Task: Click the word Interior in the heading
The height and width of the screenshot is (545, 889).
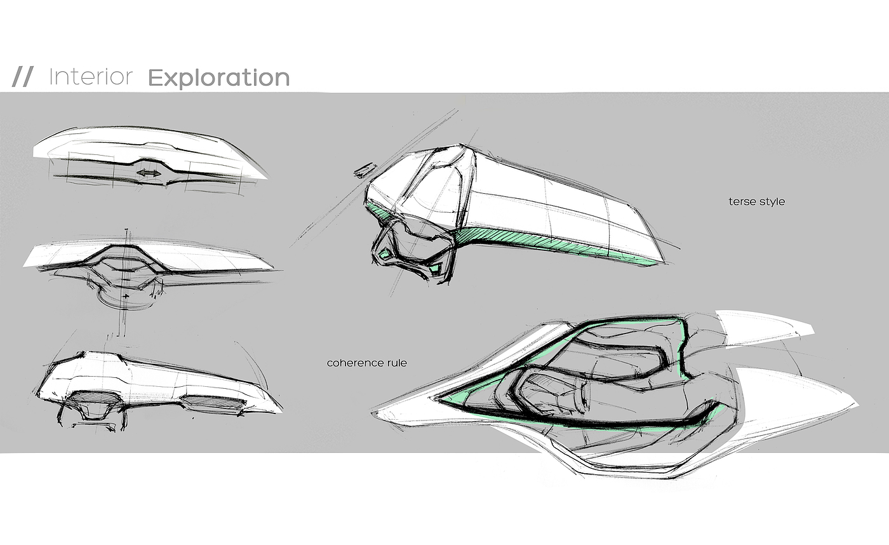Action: pos(90,77)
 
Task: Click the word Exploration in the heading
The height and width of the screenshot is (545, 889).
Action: pos(218,78)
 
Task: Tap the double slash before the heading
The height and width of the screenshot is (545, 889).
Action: pos(23,77)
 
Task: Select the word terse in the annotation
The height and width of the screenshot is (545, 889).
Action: pos(742,202)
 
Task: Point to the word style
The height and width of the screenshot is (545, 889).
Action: pos(772,202)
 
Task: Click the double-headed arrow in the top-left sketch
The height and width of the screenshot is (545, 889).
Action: pos(149,173)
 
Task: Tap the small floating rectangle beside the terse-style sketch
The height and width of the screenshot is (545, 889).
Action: pos(364,169)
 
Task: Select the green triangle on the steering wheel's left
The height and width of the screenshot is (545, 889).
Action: pos(385,254)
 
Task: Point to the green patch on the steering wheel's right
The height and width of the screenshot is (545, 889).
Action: pos(435,269)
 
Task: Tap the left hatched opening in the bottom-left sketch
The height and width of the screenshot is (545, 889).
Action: pos(91,405)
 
